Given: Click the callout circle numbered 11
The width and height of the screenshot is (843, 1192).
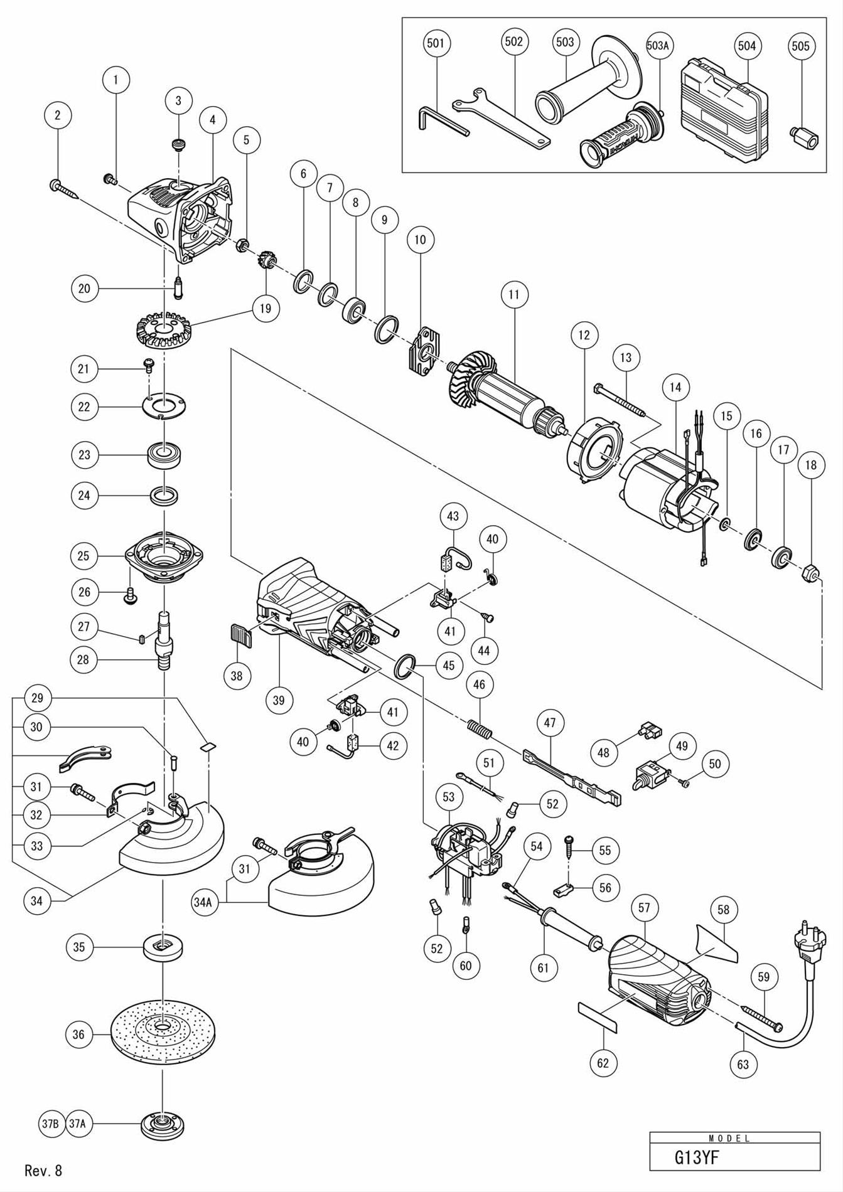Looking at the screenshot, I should tap(515, 294).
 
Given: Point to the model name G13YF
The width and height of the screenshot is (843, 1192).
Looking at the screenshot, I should tap(696, 1157).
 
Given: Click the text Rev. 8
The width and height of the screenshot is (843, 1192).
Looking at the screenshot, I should tap(43, 1170).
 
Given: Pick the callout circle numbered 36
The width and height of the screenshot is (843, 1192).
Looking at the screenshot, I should tap(78, 1034).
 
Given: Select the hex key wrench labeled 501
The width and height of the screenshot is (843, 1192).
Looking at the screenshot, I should tap(441, 120).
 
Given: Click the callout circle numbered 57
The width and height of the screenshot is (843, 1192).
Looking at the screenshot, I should tap(645, 908).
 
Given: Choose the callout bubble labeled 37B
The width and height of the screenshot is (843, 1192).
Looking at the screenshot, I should tap(50, 1125).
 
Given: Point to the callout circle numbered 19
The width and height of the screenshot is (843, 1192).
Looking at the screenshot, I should tap(265, 308).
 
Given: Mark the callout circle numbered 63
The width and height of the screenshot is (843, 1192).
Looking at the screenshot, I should tap(743, 1064).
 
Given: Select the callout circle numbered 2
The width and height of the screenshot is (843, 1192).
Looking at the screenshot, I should tap(58, 115).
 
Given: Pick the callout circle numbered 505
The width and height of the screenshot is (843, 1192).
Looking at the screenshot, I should tap(800, 46).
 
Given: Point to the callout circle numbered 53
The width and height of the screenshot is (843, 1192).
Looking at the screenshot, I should tap(448, 797).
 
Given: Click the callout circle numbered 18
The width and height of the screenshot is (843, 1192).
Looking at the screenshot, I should tap(811, 465).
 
